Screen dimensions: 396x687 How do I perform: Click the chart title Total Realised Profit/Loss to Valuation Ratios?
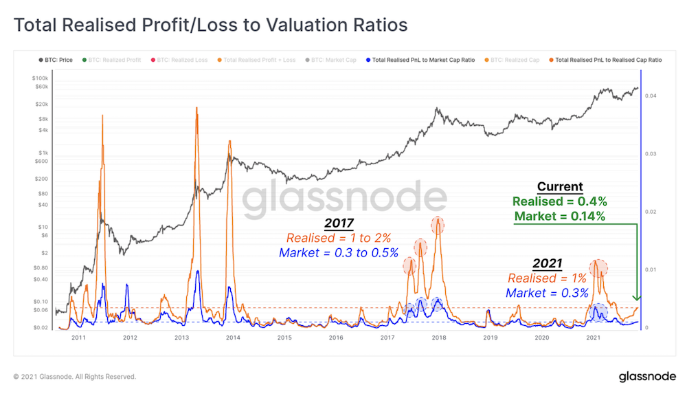coord(210,25)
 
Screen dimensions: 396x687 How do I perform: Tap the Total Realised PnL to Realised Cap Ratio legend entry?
coord(607,60)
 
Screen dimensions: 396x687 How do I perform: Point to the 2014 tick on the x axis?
coord(233,338)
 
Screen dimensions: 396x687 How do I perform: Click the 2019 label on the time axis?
coord(490,338)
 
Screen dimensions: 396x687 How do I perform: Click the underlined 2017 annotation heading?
coord(338,224)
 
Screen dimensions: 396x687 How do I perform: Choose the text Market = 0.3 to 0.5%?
coord(338,252)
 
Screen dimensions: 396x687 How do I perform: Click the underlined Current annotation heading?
coord(559,187)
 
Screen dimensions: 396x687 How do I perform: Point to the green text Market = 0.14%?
coord(559,217)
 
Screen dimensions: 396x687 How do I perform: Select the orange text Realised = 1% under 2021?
coord(547,278)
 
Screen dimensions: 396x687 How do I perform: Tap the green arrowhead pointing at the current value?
coord(637,297)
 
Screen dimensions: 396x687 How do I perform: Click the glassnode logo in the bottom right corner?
coord(646,377)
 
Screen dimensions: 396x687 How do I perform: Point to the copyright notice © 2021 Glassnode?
coord(75,377)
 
